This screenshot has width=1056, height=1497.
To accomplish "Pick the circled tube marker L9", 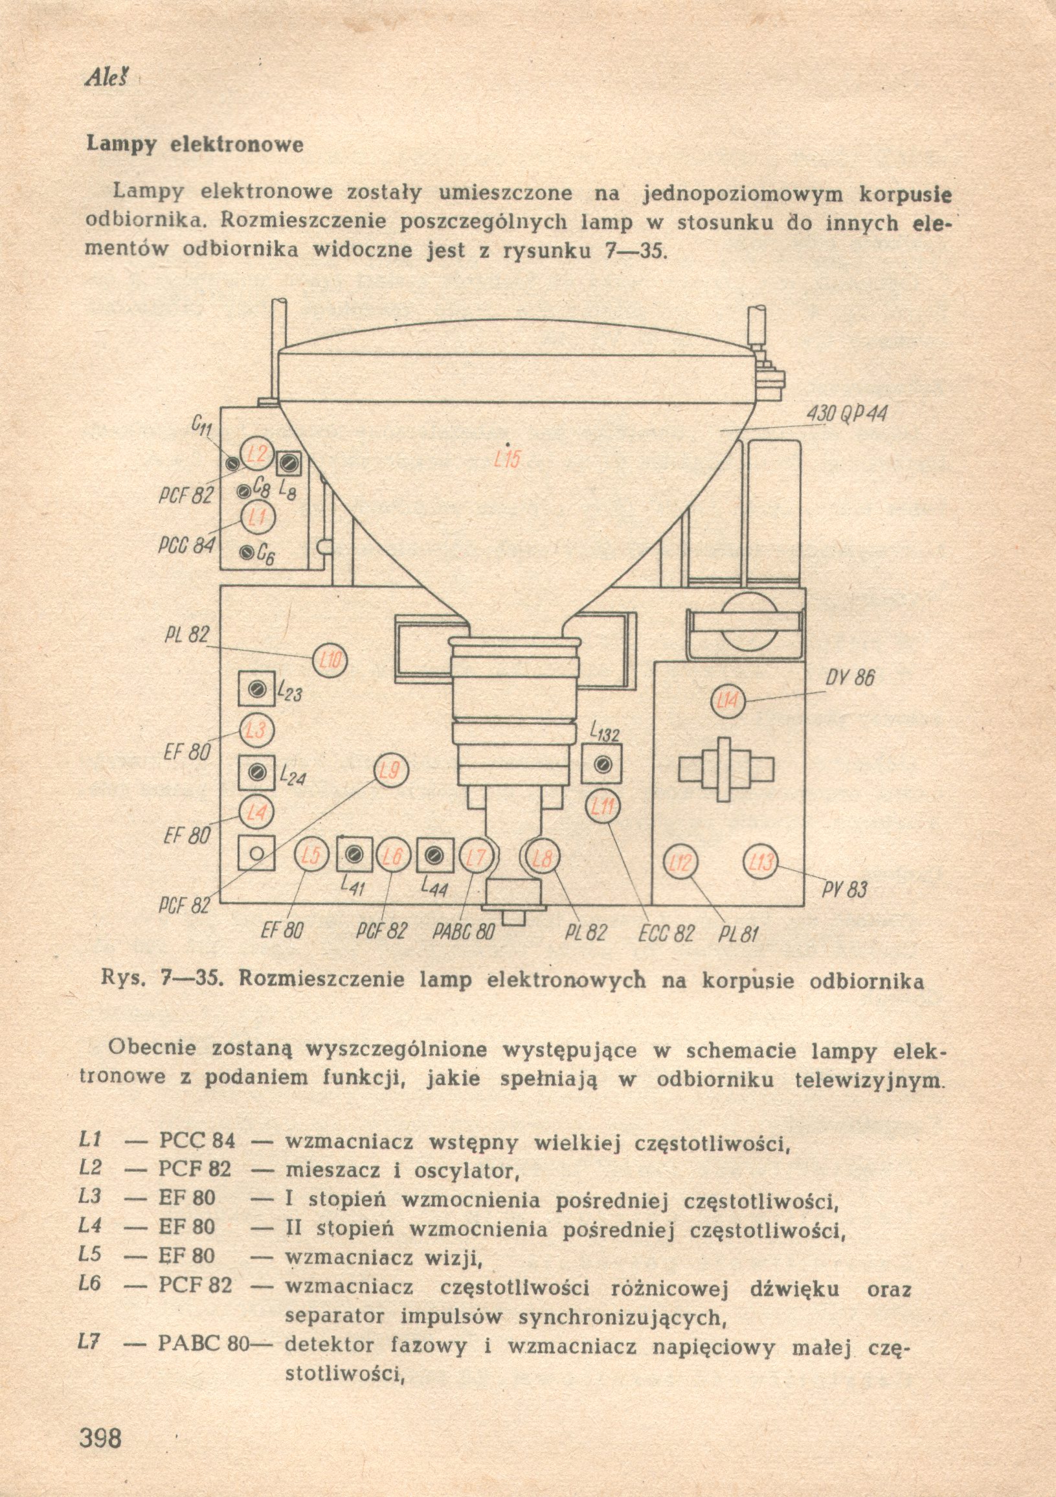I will click(x=390, y=771).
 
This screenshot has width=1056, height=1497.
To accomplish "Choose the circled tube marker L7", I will click(x=477, y=858).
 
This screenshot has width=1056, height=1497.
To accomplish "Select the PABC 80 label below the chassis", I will click(x=464, y=931).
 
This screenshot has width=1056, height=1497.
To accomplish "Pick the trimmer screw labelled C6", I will click(x=247, y=553).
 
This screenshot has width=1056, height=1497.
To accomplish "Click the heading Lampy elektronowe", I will click(x=195, y=144).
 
